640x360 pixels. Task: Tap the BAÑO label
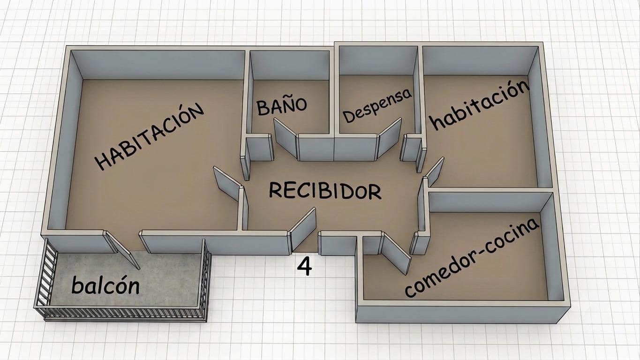point(282,106)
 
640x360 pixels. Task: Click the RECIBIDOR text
point(325,191)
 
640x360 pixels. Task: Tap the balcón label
point(105,285)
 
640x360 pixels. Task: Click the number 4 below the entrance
point(305,267)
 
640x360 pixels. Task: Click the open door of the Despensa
point(390,138)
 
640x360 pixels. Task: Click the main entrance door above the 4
point(303,229)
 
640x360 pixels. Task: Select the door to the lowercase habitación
point(434,171)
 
